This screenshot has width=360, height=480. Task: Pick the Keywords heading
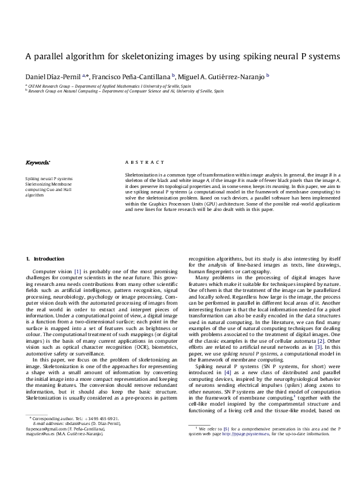pos(38,163)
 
